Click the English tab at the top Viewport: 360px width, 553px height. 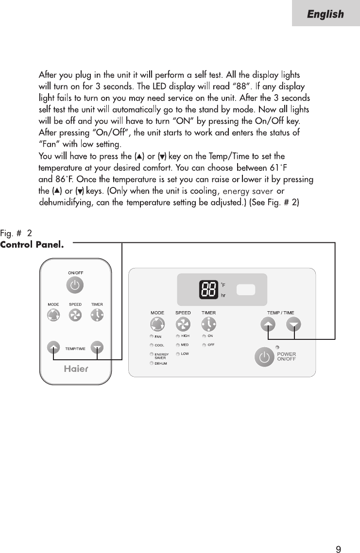325,14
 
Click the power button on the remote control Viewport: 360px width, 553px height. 74,286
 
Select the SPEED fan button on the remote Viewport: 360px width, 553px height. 75,315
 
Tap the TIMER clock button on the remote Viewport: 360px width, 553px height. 97,315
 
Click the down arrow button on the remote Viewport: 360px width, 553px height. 98,347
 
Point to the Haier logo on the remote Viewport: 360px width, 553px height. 76,368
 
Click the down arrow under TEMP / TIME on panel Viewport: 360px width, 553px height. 294,325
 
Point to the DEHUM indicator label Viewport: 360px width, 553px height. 161,363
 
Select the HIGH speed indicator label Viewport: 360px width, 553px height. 185,336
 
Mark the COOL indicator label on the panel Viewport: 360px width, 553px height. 159,345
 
